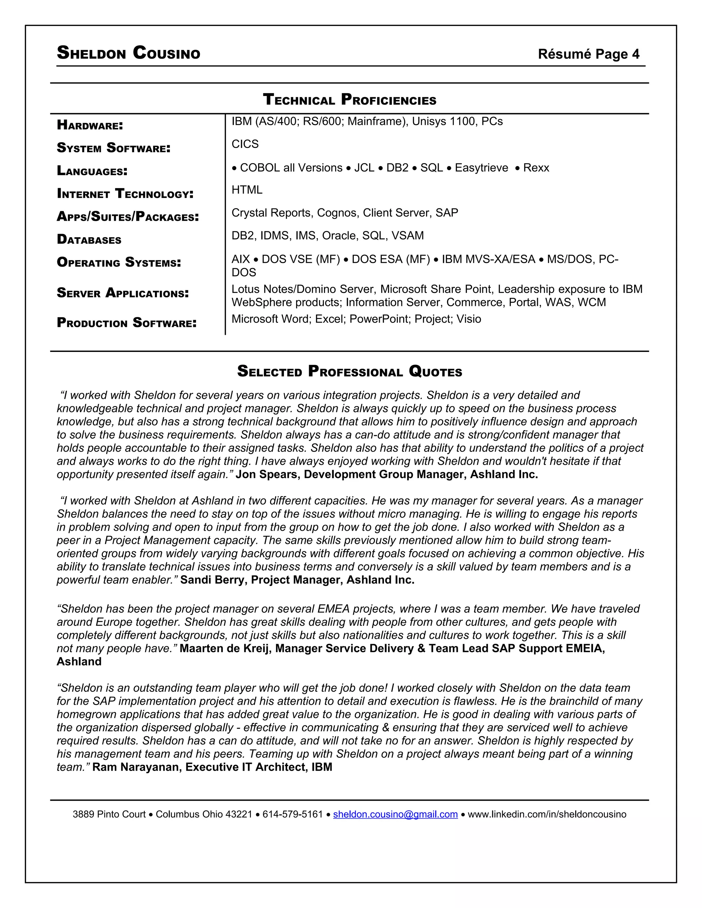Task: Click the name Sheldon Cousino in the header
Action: (128, 53)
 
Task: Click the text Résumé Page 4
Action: (589, 54)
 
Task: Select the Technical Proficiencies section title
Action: (350, 100)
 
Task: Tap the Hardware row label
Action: (90, 125)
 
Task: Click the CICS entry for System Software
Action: (245, 144)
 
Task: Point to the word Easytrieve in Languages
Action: (481, 168)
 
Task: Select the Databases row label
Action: (89, 240)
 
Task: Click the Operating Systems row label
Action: (119, 262)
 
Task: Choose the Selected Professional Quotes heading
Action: (349, 371)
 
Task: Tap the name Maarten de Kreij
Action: (225, 649)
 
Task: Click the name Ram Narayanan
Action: (136, 768)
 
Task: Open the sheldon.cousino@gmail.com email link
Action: (395, 814)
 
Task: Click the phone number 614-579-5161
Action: (292, 814)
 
